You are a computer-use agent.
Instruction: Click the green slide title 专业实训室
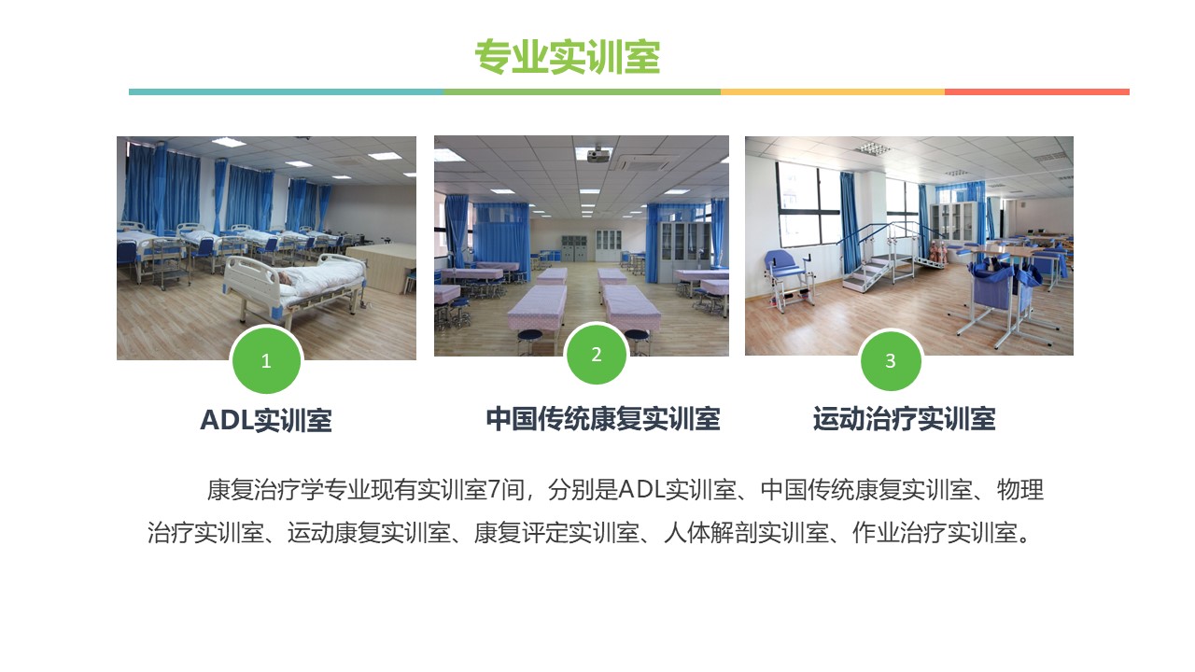pos(568,57)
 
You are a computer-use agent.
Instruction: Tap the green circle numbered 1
pos(266,360)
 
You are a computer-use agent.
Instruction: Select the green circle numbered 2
pos(597,354)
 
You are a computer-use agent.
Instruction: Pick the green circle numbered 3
pos(891,360)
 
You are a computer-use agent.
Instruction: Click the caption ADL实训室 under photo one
pos(266,420)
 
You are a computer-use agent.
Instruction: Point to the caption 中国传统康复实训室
pos(603,419)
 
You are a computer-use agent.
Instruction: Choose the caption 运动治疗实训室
pos(905,419)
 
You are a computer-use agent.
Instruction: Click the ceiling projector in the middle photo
pos(598,155)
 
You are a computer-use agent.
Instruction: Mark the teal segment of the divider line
pos(286,92)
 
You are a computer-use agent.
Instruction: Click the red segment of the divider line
pos(1037,92)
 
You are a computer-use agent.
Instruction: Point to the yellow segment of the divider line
pos(833,92)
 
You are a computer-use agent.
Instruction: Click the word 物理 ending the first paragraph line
pos(1020,490)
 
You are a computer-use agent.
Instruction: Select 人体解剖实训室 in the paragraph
pos(746,533)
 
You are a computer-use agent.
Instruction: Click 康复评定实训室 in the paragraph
pos(556,533)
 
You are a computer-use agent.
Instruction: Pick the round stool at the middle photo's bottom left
pos(529,342)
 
